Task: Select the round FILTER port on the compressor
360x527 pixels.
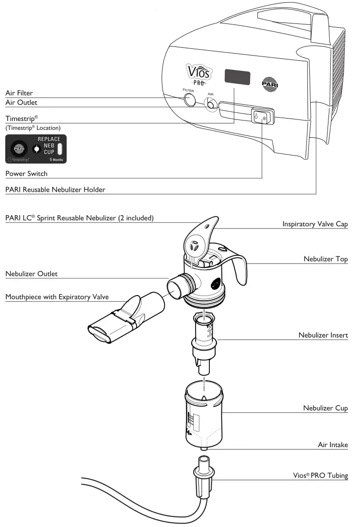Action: (x=189, y=99)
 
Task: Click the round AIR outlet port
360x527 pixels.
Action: (x=210, y=104)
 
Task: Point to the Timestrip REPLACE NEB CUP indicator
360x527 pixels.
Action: (x=36, y=149)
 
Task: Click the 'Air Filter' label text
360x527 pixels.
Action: (x=19, y=93)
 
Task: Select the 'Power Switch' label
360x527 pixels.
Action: (x=26, y=174)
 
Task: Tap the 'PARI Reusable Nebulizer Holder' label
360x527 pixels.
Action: (x=55, y=190)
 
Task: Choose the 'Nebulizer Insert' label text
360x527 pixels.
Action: (x=323, y=335)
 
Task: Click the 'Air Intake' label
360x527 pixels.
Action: (x=333, y=444)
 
